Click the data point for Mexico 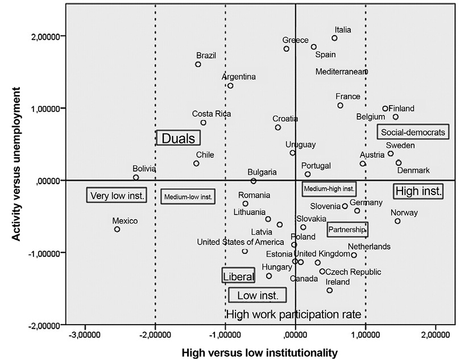(x=117, y=229)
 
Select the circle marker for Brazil (x=198, y=64)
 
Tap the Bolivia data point (x=136, y=177)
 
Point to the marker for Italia (x=334, y=38)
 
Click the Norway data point (x=397, y=221)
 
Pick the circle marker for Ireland (x=329, y=290)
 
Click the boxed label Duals (x=178, y=138)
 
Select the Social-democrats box (x=412, y=132)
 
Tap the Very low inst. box (x=117, y=196)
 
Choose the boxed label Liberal (x=238, y=276)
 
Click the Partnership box (x=347, y=230)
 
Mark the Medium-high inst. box (x=329, y=188)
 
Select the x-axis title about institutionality (x=259, y=353)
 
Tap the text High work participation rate (x=293, y=314)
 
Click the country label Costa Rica (x=212, y=114)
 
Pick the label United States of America (x=240, y=242)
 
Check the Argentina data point (x=230, y=86)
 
